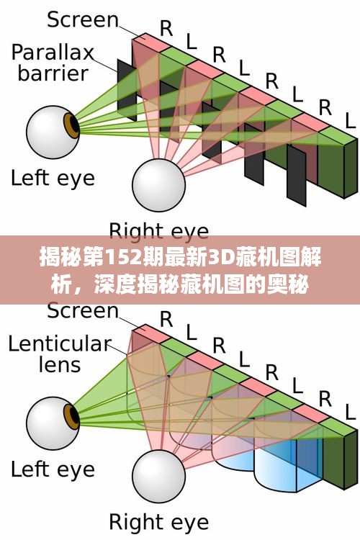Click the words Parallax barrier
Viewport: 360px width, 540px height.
coord(53,63)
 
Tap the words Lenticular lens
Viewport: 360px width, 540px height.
coord(60,354)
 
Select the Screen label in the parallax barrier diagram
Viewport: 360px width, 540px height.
coord(83,19)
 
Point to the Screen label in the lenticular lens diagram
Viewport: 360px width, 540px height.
coord(83,310)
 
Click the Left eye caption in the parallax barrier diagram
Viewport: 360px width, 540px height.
coord(53,179)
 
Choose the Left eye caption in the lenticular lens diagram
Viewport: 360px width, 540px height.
coord(53,469)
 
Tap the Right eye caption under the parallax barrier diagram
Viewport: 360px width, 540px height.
coord(159,230)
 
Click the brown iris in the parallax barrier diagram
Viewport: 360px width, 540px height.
coord(72,126)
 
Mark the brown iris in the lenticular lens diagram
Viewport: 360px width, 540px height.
coord(72,417)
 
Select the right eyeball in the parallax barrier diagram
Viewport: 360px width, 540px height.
coord(159,185)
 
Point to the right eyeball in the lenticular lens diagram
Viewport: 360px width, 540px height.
coord(159,476)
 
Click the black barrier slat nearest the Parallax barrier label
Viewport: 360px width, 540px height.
coord(127,90)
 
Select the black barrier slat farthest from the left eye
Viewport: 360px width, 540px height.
coord(296,176)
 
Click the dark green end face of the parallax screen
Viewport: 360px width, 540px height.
coord(351,168)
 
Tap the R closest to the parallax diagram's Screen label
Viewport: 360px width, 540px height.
coord(167,29)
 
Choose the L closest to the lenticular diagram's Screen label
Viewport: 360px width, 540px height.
coord(192,333)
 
